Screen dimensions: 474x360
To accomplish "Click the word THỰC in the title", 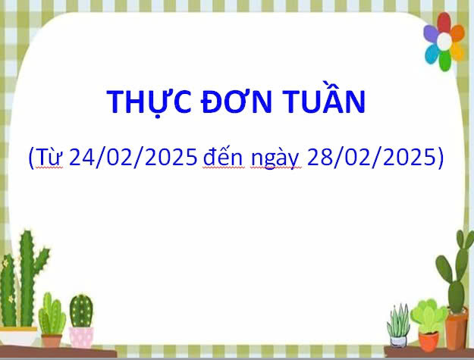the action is (149, 102).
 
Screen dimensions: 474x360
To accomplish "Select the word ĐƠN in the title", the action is (237, 102).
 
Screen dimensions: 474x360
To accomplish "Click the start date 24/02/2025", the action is (133, 157).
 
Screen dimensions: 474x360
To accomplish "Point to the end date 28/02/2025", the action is (371, 157).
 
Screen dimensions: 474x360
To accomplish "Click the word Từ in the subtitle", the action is (50, 157).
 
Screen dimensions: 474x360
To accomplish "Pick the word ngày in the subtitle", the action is (276, 158).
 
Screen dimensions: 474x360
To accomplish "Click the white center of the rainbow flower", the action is (444, 42).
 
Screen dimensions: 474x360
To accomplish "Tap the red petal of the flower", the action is (444, 23).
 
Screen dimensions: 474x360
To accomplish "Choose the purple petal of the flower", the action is (431, 33).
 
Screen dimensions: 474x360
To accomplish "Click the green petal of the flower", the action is (444, 61).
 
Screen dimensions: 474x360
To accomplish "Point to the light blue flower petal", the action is (432, 54).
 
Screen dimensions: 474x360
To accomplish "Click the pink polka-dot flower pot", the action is (81, 337).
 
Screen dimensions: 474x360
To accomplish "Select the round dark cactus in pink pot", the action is (81, 311).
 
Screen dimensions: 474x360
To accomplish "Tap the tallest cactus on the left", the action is (27, 278).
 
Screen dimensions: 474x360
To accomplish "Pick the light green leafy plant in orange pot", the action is (428, 315).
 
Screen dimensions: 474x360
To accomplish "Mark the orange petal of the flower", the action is (457, 33).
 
